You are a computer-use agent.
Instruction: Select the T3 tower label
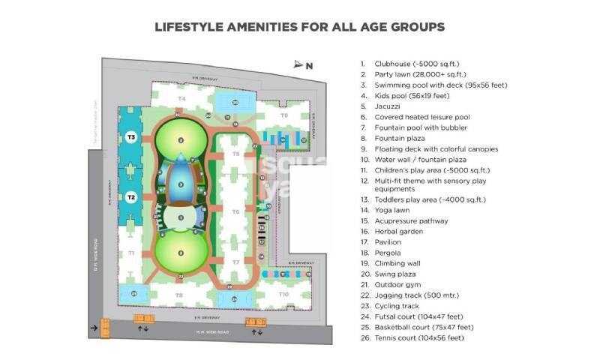click(x=131, y=137)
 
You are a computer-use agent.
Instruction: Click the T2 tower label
click(x=130, y=197)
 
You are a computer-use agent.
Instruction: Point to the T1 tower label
click(x=130, y=253)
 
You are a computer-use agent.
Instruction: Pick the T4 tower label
click(x=181, y=99)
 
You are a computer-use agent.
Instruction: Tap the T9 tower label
click(x=283, y=115)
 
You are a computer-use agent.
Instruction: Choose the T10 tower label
click(x=283, y=295)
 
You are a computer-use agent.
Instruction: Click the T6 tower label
click(x=235, y=212)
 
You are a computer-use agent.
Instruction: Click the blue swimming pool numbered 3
click(x=180, y=182)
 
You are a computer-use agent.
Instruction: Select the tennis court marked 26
click(x=235, y=101)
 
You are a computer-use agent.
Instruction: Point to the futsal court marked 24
click(x=235, y=298)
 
